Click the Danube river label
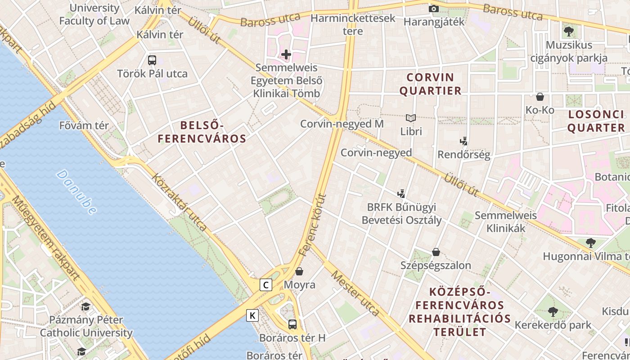76,192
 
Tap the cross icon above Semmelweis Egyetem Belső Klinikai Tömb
286,55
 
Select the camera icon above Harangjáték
433,9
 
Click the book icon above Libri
411,118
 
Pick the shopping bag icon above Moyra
299,271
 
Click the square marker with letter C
266,285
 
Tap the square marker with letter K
252,315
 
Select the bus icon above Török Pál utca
152,60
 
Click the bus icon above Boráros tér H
292,324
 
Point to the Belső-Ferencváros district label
202,132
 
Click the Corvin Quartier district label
430,84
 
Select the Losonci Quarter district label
596,121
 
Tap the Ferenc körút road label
312,225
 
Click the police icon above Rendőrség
464,141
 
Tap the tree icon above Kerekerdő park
553,311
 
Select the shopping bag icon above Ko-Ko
540,96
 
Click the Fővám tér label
84,126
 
